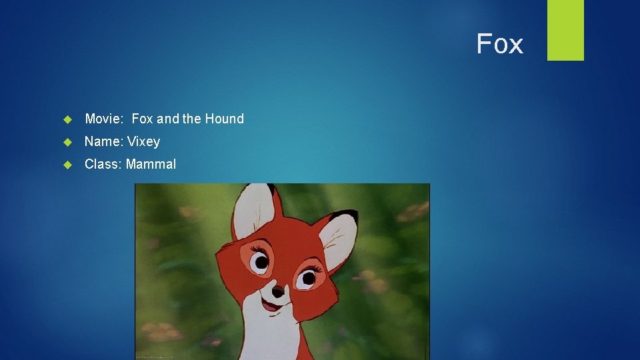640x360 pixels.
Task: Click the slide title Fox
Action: [x=499, y=44]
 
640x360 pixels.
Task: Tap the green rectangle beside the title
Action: [x=565, y=30]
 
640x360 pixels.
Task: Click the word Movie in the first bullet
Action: [x=103, y=119]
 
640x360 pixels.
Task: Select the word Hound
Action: [x=224, y=119]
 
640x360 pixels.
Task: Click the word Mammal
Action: [x=151, y=164]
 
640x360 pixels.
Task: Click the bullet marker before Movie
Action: [x=67, y=119]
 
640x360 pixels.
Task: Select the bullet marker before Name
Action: [x=67, y=142]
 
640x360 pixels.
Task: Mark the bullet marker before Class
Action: [x=67, y=165]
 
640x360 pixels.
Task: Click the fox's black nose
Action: [x=278, y=291]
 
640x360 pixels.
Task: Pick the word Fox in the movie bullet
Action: [x=143, y=119]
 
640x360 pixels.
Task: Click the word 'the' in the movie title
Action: [x=192, y=119]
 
